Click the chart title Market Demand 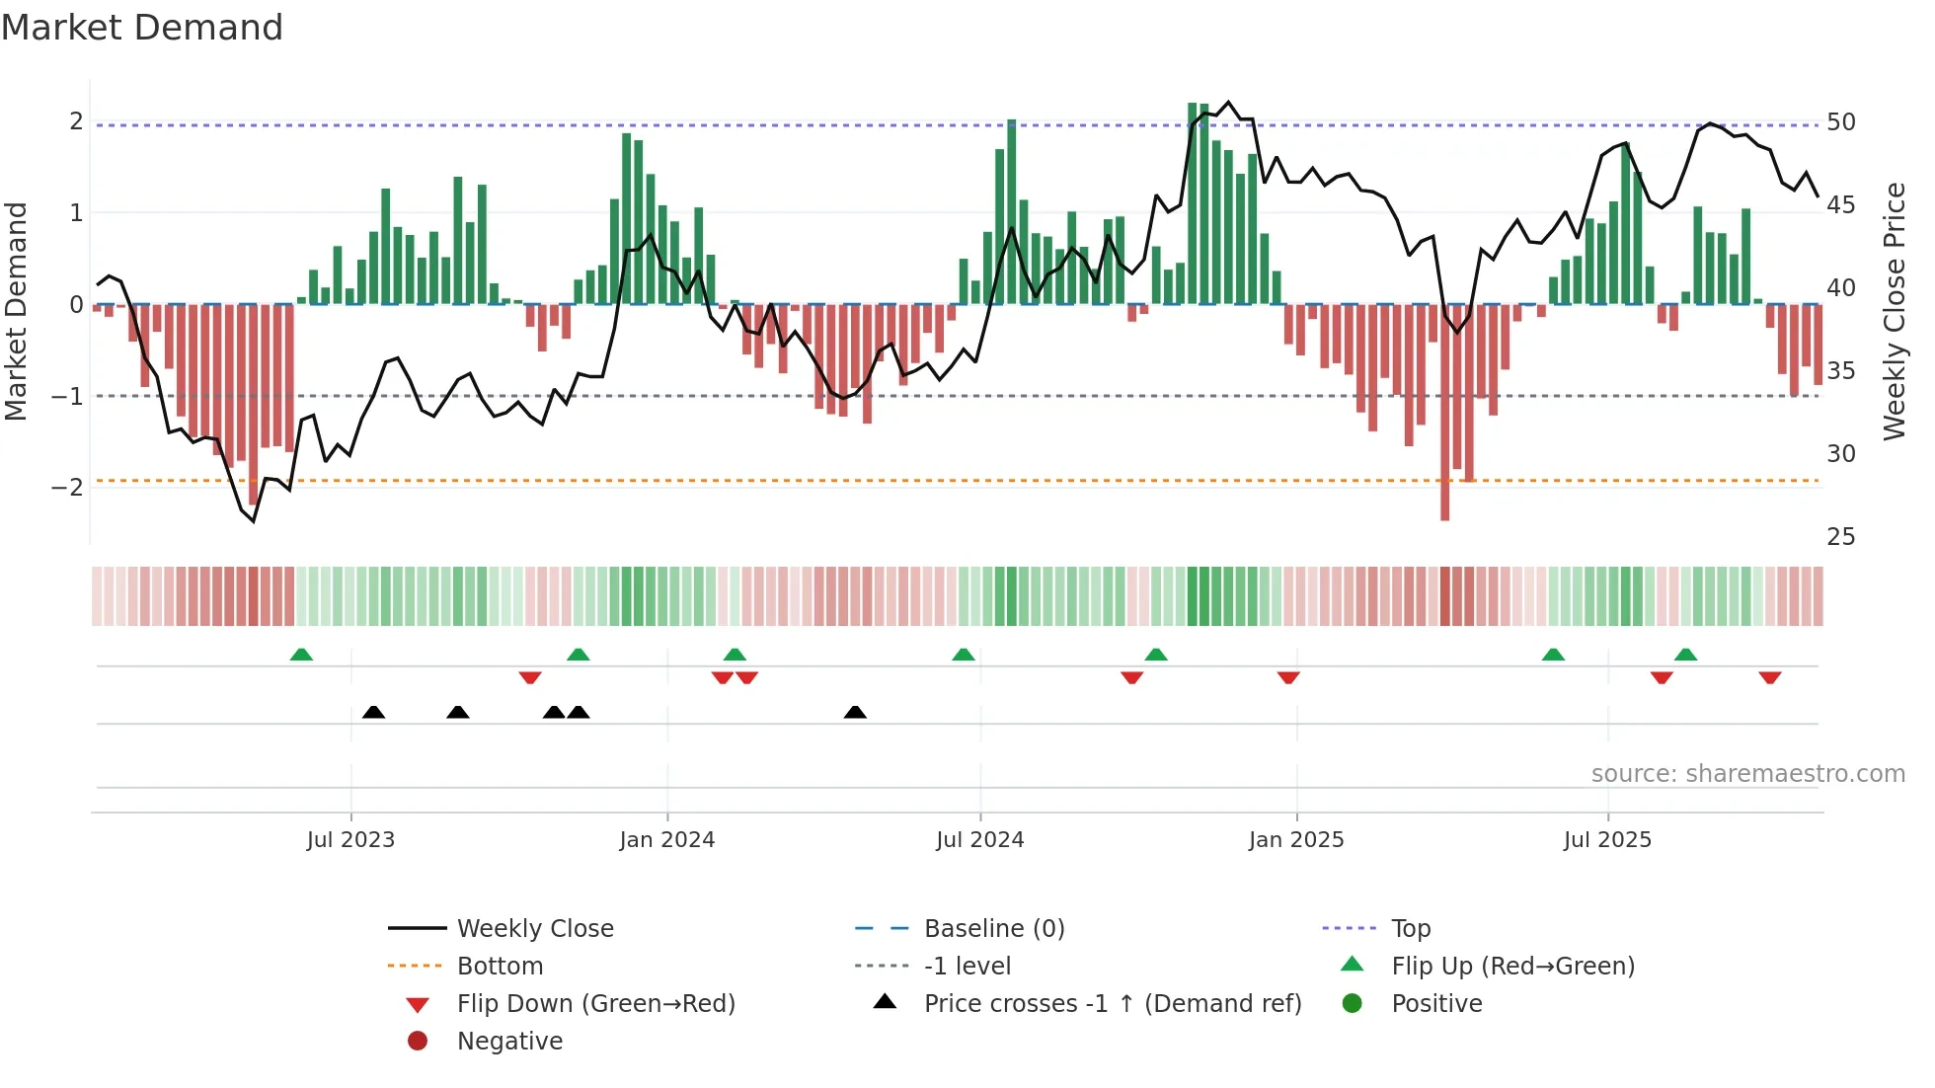click(142, 28)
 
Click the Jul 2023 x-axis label click(350, 840)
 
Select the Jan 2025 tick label click(1295, 840)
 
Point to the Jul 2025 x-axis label click(1607, 840)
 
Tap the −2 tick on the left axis click(67, 488)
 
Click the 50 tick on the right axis click(1840, 122)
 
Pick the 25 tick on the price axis click(1840, 537)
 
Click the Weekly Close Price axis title click(1894, 311)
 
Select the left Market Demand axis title click(16, 311)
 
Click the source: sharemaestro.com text click(1747, 774)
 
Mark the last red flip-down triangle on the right click(1769, 677)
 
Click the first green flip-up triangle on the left click(301, 655)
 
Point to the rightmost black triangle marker click(855, 712)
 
